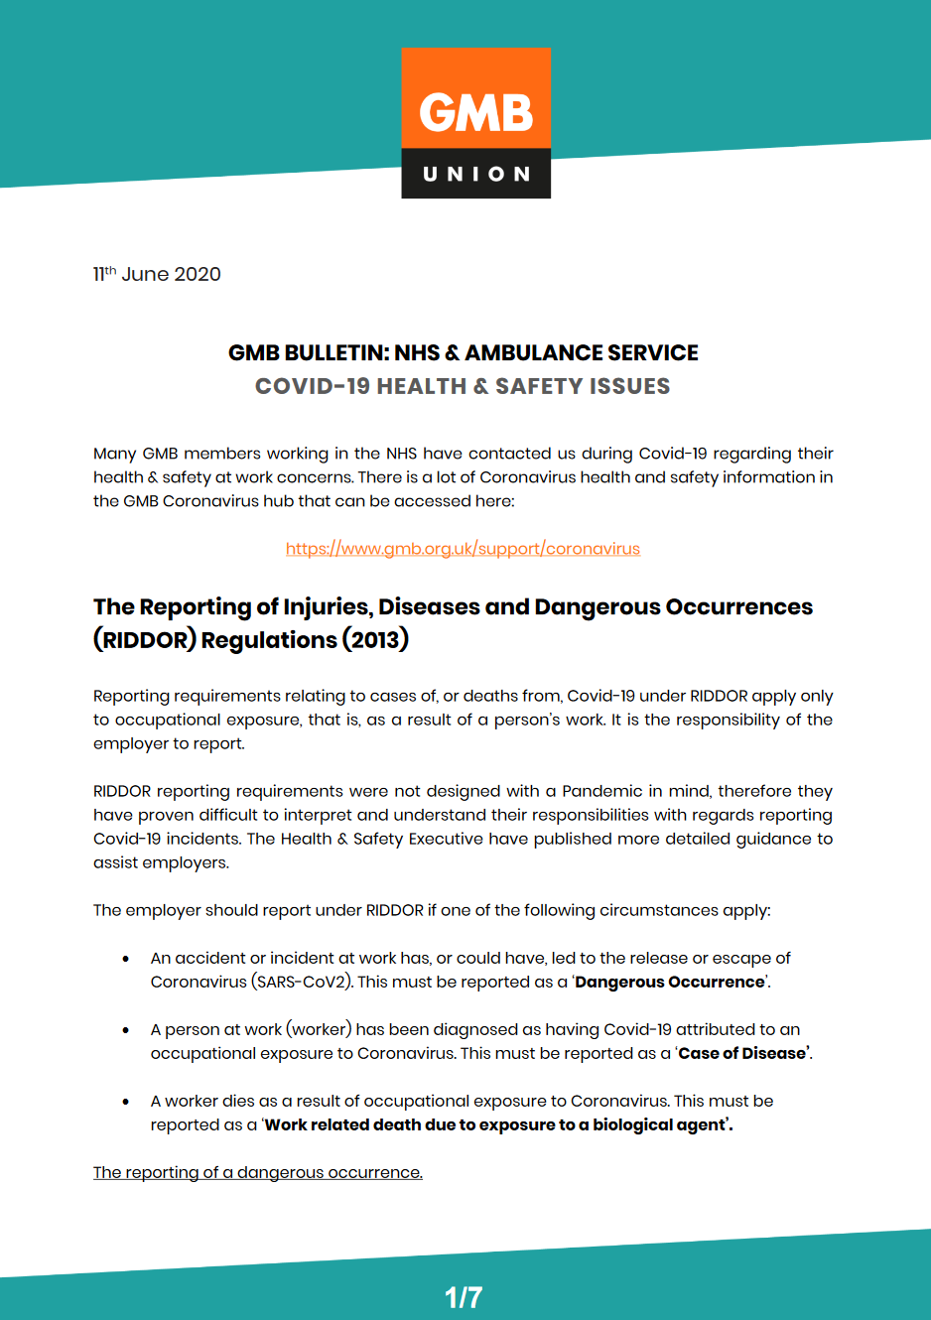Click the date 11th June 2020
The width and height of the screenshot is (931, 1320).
click(x=157, y=274)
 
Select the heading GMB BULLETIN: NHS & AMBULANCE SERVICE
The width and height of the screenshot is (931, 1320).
click(x=463, y=353)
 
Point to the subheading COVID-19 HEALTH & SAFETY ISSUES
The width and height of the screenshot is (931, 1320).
click(x=463, y=386)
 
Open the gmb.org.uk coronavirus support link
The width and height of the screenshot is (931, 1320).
click(x=463, y=549)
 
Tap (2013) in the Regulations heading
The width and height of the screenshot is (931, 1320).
click(x=375, y=640)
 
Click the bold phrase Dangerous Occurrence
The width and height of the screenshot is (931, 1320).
click(x=670, y=982)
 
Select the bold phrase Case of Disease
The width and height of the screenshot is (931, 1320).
click(x=742, y=1053)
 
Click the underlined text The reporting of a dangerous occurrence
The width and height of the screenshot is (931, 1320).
click(x=258, y=1172)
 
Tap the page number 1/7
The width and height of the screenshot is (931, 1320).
click(x=463, y=1297)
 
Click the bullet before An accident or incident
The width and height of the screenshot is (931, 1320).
click(x=126, y=959)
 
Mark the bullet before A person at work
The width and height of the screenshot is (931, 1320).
click(x=126, y=1030)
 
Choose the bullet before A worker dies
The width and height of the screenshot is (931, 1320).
click(x=126, y=1102)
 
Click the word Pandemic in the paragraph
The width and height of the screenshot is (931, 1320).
click(x=602, y=791)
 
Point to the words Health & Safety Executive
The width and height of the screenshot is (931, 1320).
click(x=382, y=839)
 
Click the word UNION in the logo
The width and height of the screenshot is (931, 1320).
click(x=476, y=174)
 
